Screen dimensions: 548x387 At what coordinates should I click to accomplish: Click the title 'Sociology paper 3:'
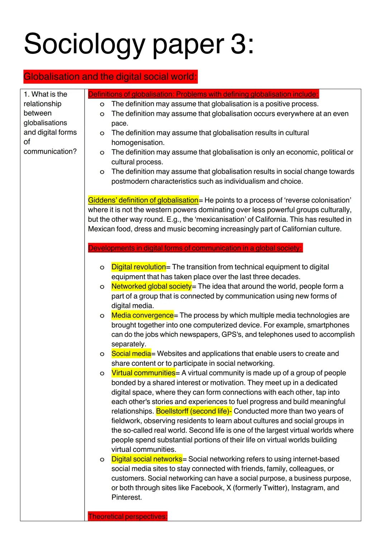click(139, 44)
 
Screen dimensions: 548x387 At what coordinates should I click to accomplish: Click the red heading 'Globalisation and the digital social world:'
click(110, 77)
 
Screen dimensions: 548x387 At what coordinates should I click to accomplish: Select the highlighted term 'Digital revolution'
click(138, 267)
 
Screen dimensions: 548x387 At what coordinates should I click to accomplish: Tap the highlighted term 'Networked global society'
click(151, 286)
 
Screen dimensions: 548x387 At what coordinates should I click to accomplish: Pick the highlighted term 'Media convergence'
click(142, 315)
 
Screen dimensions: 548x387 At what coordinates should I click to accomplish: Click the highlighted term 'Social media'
click(131, 354)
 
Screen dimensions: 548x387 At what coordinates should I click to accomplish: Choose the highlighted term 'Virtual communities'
click(143, 373)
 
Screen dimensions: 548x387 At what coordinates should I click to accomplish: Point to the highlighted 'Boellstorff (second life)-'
click(194, 411)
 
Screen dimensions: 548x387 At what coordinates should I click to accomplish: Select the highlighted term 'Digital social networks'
click(147, 459)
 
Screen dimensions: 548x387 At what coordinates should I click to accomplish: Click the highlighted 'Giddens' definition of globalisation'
click(143, 200)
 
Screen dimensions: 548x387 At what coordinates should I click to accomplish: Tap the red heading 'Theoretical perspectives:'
click(128, 516)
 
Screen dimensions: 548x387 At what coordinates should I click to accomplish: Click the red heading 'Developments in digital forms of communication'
click(195, 248)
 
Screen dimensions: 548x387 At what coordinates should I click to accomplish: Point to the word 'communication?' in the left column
click(50, 151)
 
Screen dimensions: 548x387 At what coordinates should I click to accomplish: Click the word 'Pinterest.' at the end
click(126, 497)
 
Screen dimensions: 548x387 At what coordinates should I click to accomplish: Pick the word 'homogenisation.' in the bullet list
click(138, 142)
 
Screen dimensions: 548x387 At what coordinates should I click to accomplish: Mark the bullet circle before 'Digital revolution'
click(102, 267)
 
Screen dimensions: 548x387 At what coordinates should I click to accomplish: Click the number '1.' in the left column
click(27, 94)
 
